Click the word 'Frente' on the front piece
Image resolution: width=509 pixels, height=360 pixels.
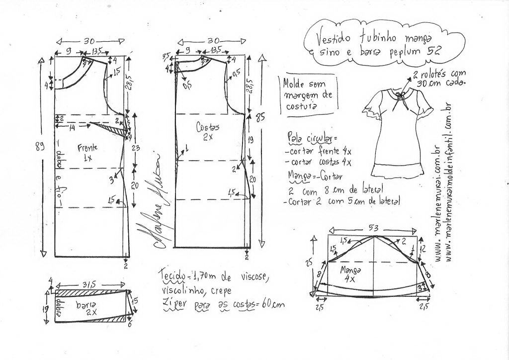point(88,147)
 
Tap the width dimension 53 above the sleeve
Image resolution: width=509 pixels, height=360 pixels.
point(373,228)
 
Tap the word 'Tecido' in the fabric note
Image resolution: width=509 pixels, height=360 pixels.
point(171,275)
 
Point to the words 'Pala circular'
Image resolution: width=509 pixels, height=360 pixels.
point(305,137)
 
